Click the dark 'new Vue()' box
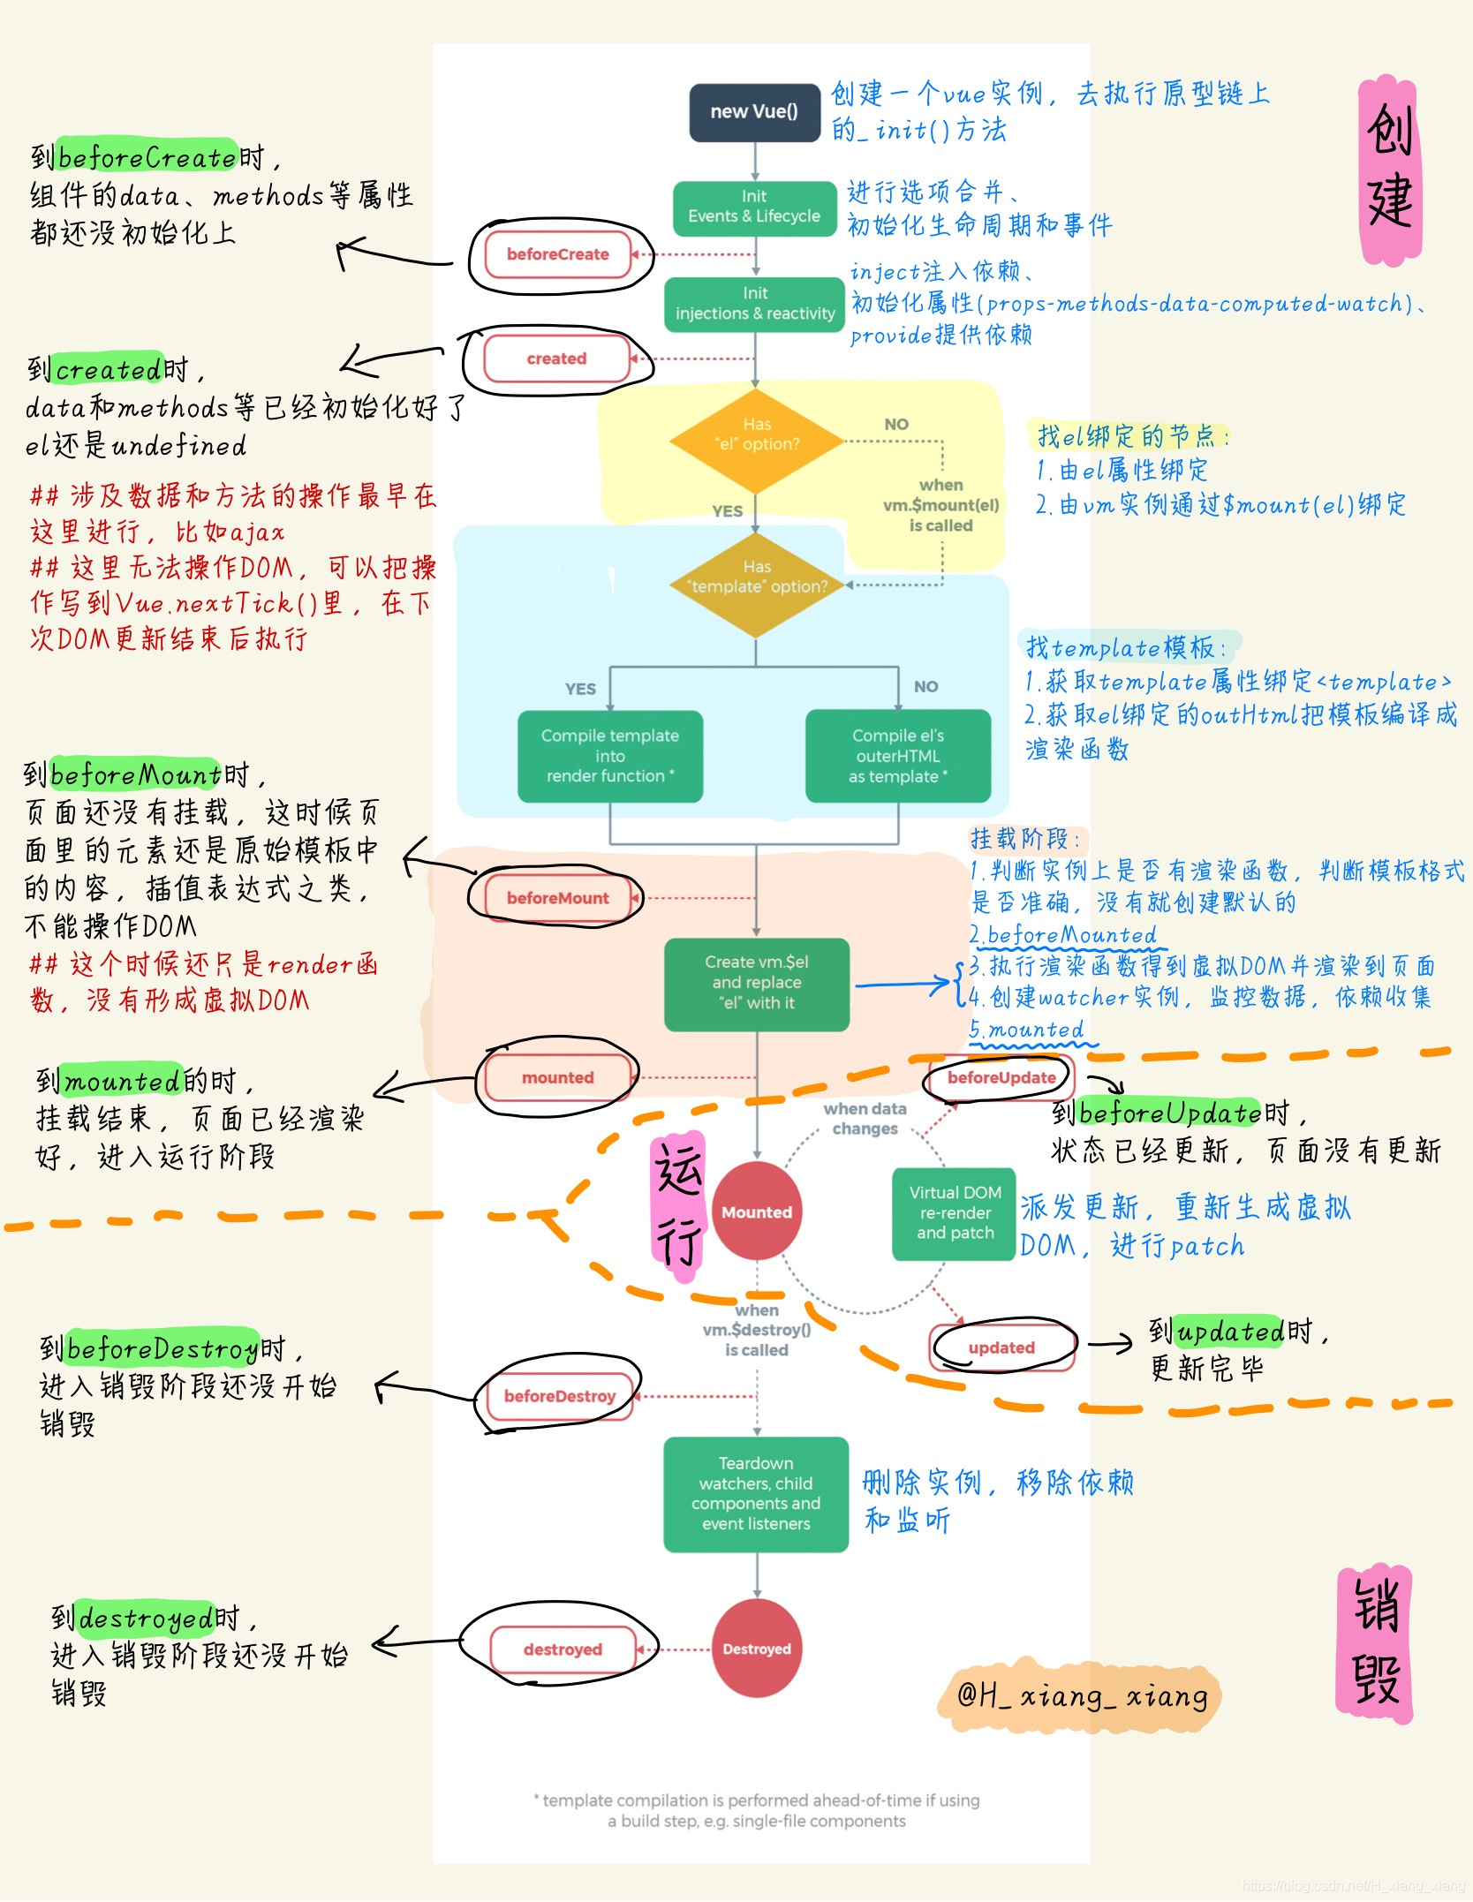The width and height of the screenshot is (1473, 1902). click(x=754, y=112)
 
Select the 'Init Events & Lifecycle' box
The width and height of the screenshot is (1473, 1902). click(x=754, y=208)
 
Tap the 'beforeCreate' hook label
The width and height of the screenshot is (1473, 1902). click(x=558, y=254)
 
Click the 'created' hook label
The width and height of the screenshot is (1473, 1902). click(x=556, y=359)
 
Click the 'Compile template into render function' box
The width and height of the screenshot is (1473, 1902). click(x=609, y=756)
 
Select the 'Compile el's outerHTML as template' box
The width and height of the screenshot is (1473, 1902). click(x=897, y=756)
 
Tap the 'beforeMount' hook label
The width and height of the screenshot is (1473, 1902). click(x=557, y=898)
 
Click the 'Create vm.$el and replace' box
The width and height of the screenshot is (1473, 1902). click(x=757, y=983)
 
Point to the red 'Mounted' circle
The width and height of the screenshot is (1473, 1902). click(x=757, y=1212)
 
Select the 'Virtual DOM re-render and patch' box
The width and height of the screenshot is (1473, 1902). click(x=955, y=1212)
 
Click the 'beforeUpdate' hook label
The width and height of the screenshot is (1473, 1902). click(x=1001, y=1077)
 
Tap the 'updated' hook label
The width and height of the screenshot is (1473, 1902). click(x=1001, y=1347)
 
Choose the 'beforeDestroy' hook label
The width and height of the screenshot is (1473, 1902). click(x=560, y=1396)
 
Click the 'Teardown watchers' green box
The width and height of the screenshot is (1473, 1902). click(x=756, y=1493)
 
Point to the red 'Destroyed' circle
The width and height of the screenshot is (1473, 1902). click(x=757, y=1649)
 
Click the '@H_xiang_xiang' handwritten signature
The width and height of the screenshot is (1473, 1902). click(x=1082, y=1696)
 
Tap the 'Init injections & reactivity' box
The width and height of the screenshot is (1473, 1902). click(x=755, y=304)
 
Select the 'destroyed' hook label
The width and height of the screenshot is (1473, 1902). click(x=563, y=1649)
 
